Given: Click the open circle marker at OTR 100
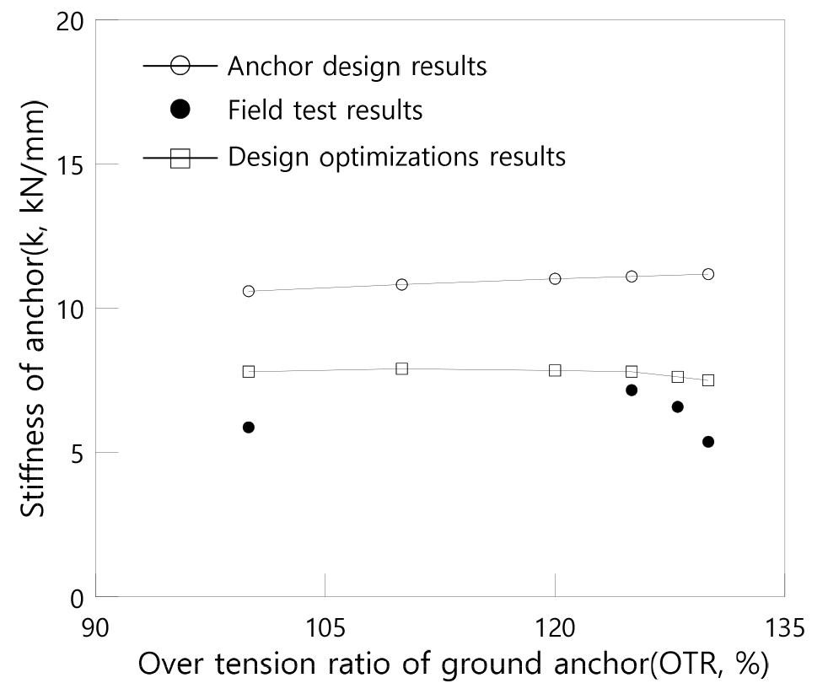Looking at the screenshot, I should pos(249,291).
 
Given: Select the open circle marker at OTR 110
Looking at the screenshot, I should pos(402,284).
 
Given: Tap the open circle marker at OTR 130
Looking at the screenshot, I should pos(708,274).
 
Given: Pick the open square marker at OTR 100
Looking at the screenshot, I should pos(249,371).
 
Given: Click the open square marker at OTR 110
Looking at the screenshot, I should pos(402,369).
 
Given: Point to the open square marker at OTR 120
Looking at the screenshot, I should pos(555,370).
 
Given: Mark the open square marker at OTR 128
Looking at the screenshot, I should pos(678,377).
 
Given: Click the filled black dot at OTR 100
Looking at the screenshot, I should pos(249,428).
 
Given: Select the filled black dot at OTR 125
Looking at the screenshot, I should pos(632,390).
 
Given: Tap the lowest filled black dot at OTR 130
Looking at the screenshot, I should pos(708,442).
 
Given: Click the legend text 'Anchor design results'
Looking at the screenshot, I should pos(358,66).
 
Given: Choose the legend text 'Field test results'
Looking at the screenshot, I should pos(325,110).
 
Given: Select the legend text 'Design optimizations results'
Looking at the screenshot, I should pos(397,157).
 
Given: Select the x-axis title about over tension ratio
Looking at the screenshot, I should pos(454,665).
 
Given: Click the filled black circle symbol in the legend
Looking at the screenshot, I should pos(180,110).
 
